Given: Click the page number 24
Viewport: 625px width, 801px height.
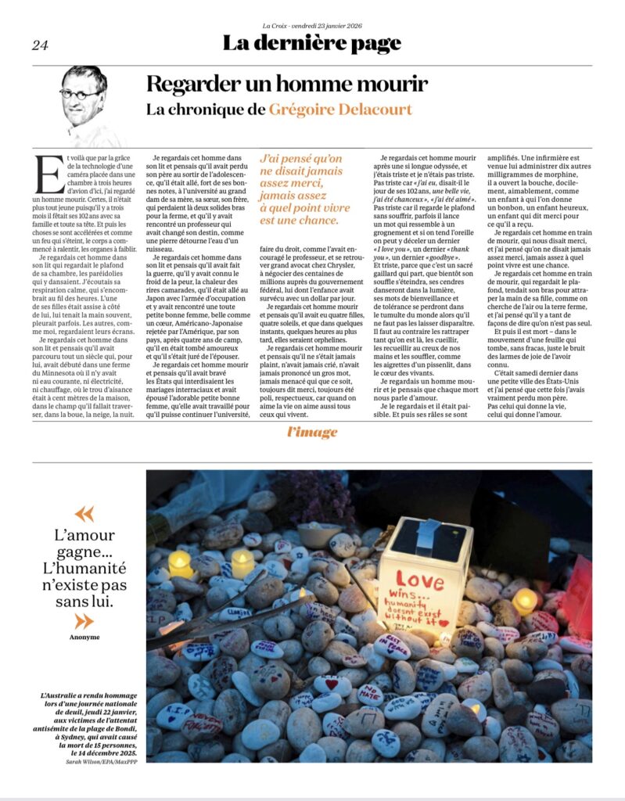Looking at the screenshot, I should point(40,45).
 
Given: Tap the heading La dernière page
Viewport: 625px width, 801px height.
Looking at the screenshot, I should point(311,43).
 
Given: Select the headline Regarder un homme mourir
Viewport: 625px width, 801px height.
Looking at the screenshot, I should point(287,84).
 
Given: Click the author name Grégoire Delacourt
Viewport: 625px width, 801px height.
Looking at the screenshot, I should point(340,110).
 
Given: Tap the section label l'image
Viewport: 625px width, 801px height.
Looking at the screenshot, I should point(311,433).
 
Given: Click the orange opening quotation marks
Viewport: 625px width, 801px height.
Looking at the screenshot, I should point(84,514).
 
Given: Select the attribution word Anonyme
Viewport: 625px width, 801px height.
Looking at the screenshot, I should point(84,637).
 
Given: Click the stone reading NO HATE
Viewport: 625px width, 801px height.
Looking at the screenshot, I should point(369,691).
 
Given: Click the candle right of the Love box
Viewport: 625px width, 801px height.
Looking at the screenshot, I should point(525,599).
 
